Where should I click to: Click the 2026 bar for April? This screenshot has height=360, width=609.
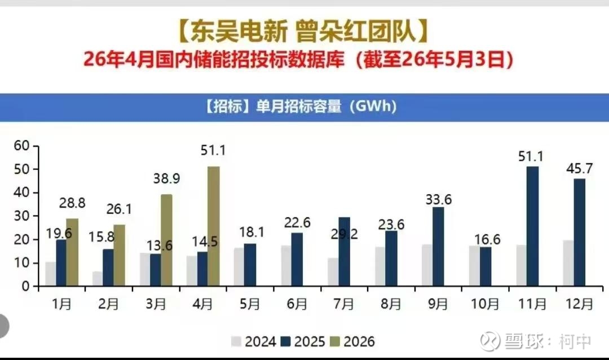pyautogui.click(x=213, y=226)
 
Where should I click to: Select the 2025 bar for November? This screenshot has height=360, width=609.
pyautogui.click(x=532, y=226)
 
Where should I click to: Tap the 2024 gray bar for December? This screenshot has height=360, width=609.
pyautogui.click(x=568, y=263)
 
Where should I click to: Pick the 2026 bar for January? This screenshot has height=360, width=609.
pyautogui.click(x=72, y=252)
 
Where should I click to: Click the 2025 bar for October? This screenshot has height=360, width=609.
pyautogui.click(x=486, y=267)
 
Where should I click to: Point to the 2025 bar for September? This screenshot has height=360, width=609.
pyautogui.click(x=438, y=247)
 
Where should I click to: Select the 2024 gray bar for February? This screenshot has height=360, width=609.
pyautogui.click(x=98, y=279)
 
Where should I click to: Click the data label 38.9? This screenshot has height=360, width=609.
pyautogui.click(x=166, y=178)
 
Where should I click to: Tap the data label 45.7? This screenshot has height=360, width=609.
pyautogui.click(x=580, y=168)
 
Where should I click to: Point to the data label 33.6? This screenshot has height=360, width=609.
pyautogui.click(x=439, y=199)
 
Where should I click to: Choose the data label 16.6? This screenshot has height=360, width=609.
pyautogui.click(x=487, y=239)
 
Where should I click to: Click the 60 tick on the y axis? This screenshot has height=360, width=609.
pyautogui.click(x=22, y=146)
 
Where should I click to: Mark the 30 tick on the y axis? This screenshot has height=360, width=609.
pyautogui.click(x=22, y=216)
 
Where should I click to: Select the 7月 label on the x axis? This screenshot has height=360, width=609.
pyautogui.click(x=344, y=304)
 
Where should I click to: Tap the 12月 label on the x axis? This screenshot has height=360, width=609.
pyautogui.click(x=579, y=304)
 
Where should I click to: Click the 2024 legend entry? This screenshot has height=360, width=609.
pyautogui.click(x=253, y=341)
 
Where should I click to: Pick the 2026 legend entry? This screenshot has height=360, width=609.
pyautogui.click(x=352, y=341)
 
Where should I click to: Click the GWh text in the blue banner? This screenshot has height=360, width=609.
pyautogui.click(x=376, y=106)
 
